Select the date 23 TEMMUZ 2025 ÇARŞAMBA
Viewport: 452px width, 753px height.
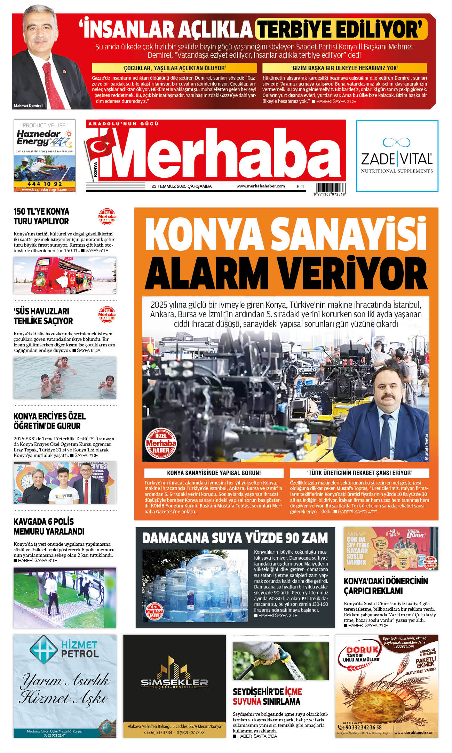tap(181, 186)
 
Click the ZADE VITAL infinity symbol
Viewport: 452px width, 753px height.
tap(396, 142)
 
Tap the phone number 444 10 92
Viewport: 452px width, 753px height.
tap(45, 184)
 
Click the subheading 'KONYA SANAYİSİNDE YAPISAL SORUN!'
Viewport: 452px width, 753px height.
tap(214, 473)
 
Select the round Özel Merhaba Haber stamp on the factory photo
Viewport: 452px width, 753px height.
tap(160, 443)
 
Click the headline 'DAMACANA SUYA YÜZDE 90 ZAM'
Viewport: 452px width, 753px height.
tap(235, 538)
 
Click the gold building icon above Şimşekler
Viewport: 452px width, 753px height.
tap(174, 667)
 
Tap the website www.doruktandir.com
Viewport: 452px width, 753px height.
tap(414, 732)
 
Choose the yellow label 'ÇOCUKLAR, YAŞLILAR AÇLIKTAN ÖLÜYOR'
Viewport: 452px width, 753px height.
tap(174, 68)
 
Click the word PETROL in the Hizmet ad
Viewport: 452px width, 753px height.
tap(80, 654)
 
